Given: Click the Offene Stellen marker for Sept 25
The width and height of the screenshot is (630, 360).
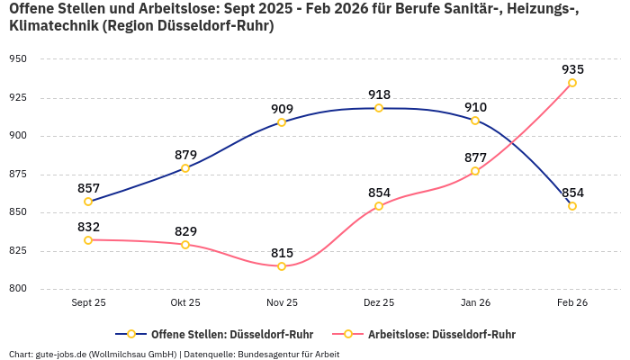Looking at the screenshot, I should coord(88,202).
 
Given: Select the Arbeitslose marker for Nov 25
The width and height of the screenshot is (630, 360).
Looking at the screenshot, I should coord(282,266).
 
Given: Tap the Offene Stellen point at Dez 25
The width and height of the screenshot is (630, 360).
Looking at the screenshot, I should coord(379,108).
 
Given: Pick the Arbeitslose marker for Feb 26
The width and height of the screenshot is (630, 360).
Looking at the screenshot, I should coord(572,83).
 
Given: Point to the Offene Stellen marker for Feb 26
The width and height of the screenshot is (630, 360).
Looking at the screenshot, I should coord(572,206).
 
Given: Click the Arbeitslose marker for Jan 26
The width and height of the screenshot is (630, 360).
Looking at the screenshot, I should coord(475,171).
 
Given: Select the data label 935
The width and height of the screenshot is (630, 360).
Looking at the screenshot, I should coord(572,69).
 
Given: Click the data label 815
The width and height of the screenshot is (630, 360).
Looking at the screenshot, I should coord(282,253).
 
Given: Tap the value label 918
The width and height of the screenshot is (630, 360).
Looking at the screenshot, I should coord(379,94).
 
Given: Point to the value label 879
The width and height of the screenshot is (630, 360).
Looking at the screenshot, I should coord(185,155).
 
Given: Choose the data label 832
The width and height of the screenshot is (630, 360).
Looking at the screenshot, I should coord(88,227).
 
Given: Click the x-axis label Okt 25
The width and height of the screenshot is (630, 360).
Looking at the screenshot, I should coord(185,303).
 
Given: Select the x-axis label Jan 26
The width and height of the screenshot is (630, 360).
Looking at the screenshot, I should coord(475,303).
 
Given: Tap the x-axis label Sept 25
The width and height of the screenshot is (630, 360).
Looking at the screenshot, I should coord(88,303).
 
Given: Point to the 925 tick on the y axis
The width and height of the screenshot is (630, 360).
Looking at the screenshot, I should coord(18,97).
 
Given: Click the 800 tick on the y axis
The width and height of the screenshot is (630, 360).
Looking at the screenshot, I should coord(18,289).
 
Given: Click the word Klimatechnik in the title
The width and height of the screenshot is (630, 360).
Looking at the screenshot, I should coord(49,26).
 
